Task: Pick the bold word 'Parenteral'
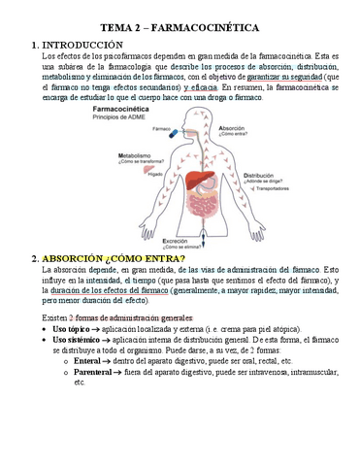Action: (x=94, y=372)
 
